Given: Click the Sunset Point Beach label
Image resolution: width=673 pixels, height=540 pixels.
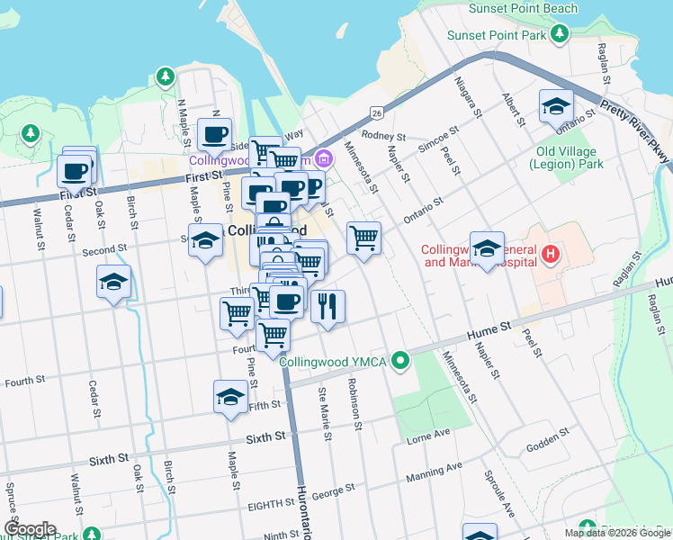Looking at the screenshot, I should pyautogui.click(x=523, y=8).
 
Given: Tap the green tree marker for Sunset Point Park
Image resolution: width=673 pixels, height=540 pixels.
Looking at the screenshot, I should pyautogui.click(x=561, y=34).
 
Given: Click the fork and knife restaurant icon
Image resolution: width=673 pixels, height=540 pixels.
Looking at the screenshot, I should pyautogui.click(x=328, y=306).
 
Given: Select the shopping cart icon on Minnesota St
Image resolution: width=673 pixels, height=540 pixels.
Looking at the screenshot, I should pyautogui.click(x=363, y=238).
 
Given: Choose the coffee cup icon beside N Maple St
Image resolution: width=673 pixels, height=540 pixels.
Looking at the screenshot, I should pyautogui.click(x=214, y=134).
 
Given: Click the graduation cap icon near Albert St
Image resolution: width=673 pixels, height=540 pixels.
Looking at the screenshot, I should pyautogui.click(x=556, y=105).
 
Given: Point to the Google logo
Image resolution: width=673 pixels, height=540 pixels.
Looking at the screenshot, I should pyautogui.click(x=29, y=529).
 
